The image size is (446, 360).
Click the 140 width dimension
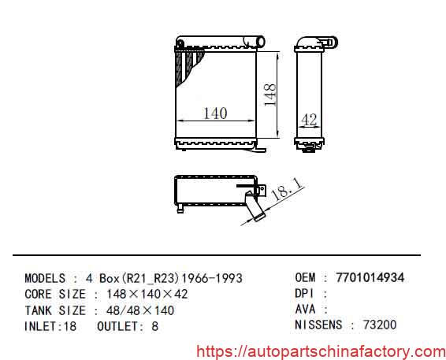point(214,113)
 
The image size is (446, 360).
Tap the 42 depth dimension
point(309,120)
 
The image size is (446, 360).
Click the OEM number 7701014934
point(370,277)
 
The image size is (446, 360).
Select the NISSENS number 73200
point(379,325)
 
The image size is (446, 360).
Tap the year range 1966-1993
point(212,278)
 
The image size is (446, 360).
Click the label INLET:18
point(50,325)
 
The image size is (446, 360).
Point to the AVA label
point(306,309)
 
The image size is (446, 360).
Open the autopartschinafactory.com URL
point(320,351)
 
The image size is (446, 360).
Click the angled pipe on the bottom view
point(253,209)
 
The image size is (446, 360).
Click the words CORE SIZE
point(55,294)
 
